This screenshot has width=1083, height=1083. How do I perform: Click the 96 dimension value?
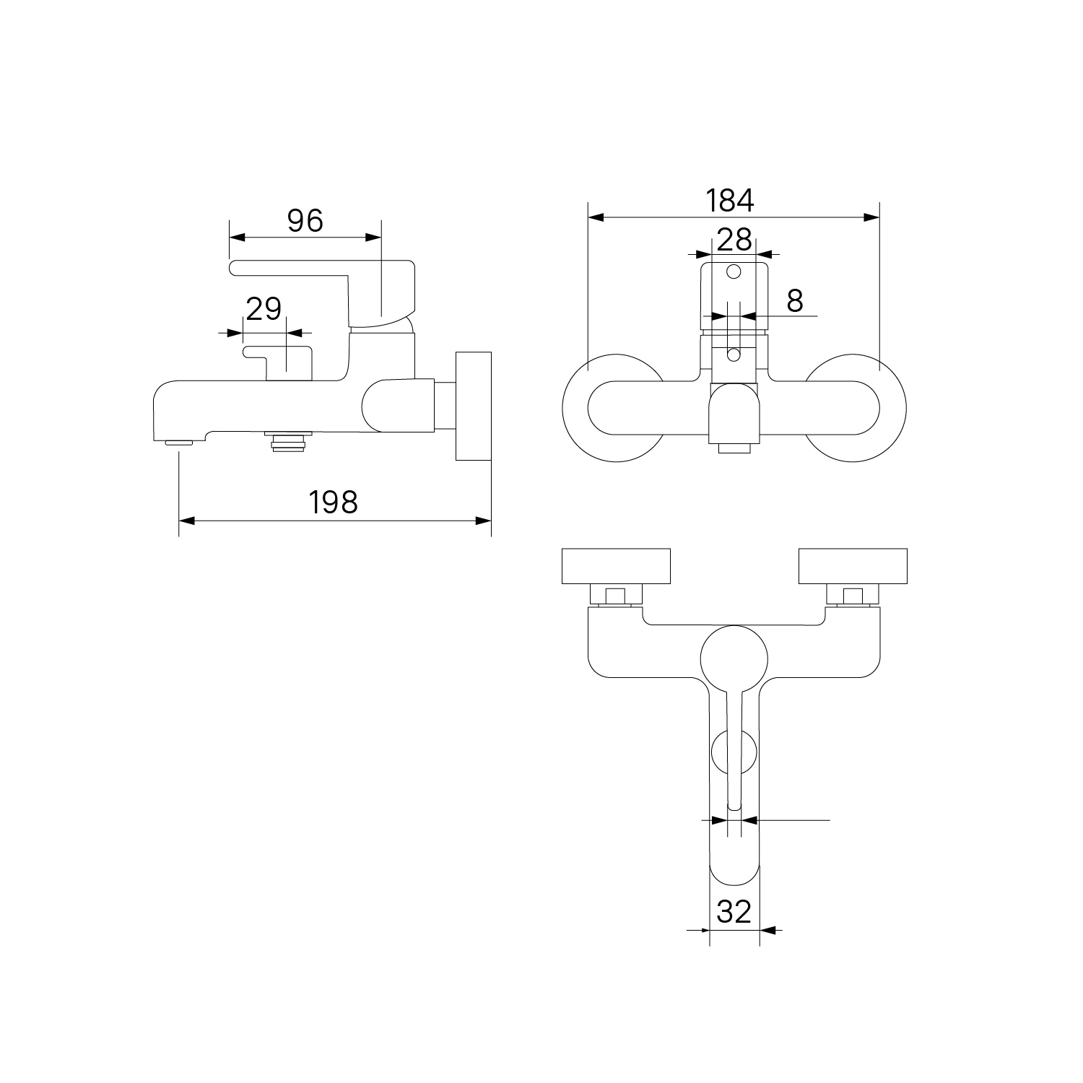[x=305, y=220]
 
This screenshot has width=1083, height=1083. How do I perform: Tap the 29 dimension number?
[x=264, y=309]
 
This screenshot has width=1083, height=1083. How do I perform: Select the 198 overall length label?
[x=334, y=502]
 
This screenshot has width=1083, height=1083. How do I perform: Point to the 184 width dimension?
[x=730, y=200]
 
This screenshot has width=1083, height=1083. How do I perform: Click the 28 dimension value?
[x=735, y=239]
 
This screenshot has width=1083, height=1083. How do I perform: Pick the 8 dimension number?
[x=795, y=300]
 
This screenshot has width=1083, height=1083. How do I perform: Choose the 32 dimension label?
[x=734, y=912]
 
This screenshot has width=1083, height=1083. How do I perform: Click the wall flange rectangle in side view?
[x=474, y=406]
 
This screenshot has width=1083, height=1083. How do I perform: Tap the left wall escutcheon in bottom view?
[x=617, y=566]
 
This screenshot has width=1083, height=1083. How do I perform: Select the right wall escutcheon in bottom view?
[x=852, y=566]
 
